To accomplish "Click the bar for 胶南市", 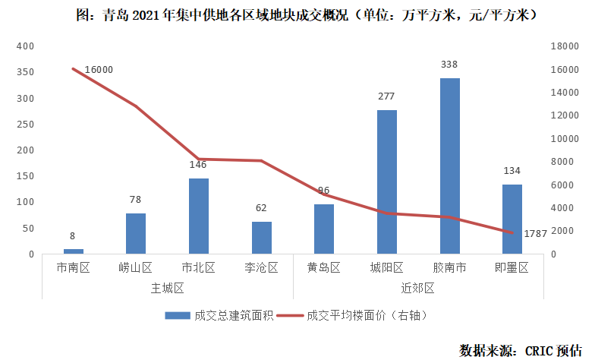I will click(x=449, y=166).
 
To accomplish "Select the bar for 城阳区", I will click(x=387, y=182).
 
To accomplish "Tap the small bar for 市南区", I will click(x=74, y=251).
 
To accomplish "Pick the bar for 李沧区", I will click(x=262, y=237).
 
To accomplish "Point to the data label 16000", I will click(x=99, y=70).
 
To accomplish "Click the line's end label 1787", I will click(x=536, y=233).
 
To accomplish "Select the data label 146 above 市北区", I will click(x=199, y=164).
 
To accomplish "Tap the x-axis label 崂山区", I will click(x=136, y=267).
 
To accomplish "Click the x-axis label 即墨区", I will click(x=512, y=267).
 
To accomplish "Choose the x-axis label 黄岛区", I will click(x=324, y=267).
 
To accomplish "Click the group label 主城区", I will click(x=168, y=288).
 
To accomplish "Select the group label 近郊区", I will click(x=418, y=288).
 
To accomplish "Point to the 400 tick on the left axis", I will click(x=26, y=46).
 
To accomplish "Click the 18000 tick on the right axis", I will click(x=560, y=46).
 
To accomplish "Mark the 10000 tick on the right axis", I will click(x=560, y=139).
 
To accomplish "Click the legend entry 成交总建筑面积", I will click(x=211, y=315).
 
